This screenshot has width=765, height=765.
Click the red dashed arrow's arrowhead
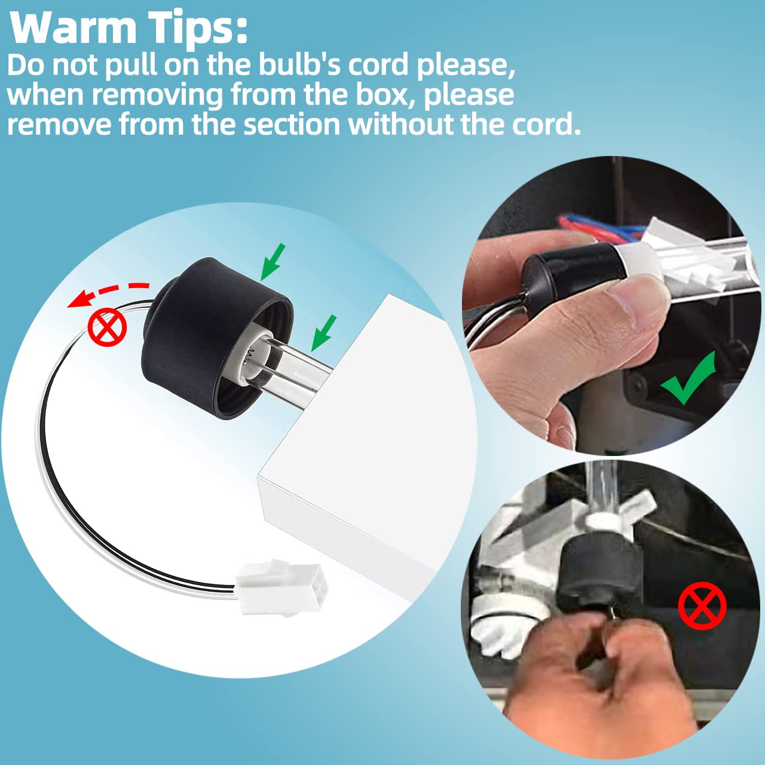tap(78, 299)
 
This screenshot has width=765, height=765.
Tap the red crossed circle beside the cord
tap(107, 328)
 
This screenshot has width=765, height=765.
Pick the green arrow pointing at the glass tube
tap(323, 333)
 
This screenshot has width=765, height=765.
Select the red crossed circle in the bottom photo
tap(702, 606)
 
